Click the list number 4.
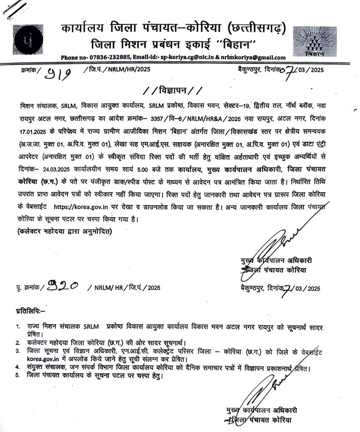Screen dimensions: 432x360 click(x=18, y=367)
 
